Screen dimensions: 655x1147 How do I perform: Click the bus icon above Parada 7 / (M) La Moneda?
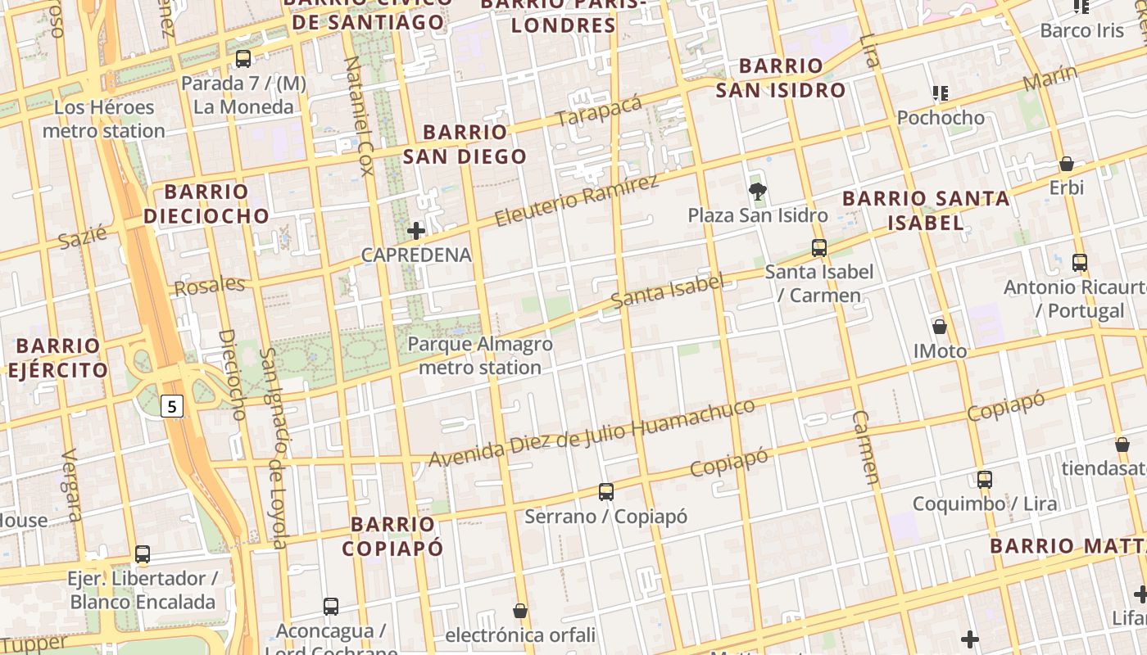[243, 59]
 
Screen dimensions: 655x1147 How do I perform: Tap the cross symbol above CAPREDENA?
[416, 231]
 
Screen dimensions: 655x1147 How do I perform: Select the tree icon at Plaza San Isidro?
[758, 192]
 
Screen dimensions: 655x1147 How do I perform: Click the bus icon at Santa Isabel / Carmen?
[818, 248]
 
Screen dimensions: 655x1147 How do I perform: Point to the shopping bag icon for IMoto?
[940, 327]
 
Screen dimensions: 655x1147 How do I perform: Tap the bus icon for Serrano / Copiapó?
[605, 492]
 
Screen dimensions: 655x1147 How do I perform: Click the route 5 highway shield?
[171, 405]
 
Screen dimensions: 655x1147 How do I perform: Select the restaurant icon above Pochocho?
[941, 93]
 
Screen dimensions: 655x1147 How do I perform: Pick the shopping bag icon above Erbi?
[1066, 164]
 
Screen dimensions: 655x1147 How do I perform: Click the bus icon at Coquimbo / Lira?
[985, 480]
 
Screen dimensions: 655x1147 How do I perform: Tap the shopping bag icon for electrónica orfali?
[519, 611]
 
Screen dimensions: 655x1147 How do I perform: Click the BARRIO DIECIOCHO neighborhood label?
[206, 204]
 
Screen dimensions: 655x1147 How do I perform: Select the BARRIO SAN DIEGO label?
[465, 144]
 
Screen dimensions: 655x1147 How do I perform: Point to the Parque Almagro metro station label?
[480, 356]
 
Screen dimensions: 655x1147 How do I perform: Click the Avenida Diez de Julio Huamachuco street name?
[592, 434]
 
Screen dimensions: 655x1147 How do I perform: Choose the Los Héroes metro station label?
[104, 119]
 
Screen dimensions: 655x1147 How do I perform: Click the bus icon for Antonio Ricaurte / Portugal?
[1080, 263]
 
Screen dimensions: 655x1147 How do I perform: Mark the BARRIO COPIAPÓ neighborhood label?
[392, 536]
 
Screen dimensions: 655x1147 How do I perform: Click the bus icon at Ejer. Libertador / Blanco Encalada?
[143, 554]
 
